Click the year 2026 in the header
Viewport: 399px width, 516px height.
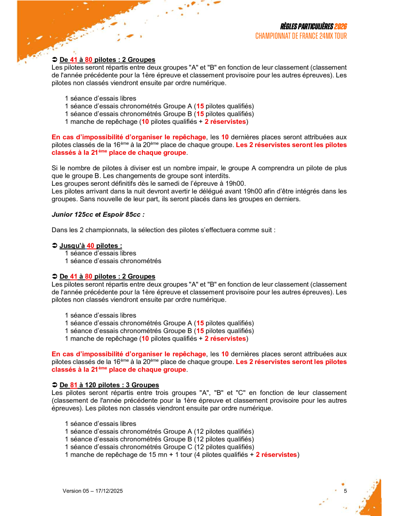click(340, 27)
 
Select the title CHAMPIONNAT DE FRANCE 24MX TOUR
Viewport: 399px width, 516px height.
click(301, 36)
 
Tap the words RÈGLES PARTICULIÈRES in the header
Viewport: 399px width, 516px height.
click(306, 27)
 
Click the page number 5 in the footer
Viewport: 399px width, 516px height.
click(345, 491)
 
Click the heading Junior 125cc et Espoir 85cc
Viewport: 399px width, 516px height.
click(98, 215)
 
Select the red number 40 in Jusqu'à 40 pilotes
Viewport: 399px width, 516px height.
click(91, 246)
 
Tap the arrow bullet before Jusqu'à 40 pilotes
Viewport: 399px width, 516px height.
click(55, 246)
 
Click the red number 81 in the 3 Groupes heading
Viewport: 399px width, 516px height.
click(74, 385)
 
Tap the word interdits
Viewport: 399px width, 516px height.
click(216, 176)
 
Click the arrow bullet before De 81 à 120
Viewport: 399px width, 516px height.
click(55, 385)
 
